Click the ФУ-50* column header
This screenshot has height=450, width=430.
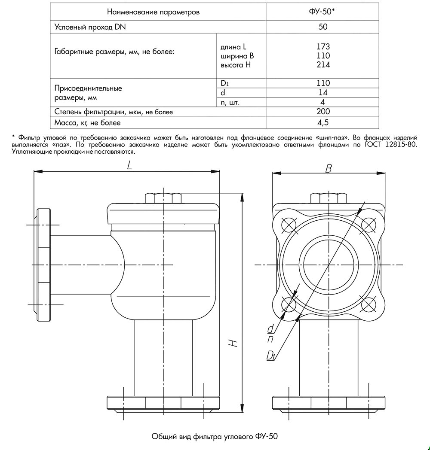pos(323,12)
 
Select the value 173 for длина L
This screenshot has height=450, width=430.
pos(322,47)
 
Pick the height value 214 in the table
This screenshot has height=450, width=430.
pos(322,65)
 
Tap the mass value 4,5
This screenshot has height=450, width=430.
pos(322,123)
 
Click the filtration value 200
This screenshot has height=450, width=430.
pos(322,112)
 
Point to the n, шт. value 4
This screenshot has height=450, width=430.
pos(322,102)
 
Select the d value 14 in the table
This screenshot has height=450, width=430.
pos(322,93)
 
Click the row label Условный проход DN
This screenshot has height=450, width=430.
pos(91,27)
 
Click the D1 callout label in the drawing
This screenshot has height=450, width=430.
pos(271,356)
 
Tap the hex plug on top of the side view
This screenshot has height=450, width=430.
pos(163,198)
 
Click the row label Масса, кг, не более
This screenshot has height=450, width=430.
pos(88,123)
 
